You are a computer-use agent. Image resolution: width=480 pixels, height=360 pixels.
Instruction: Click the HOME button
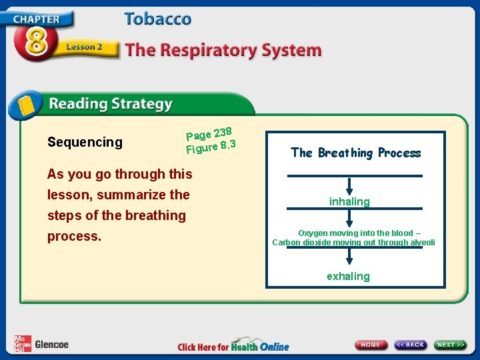(371, 345)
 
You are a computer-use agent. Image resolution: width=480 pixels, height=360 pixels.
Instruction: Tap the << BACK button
(410, 345)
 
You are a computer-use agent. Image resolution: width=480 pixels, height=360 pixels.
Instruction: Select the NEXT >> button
(451, 345)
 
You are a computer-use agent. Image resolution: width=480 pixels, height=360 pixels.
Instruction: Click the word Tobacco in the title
(157, 19)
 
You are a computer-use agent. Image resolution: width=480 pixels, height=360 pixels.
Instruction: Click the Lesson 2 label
(84, 47)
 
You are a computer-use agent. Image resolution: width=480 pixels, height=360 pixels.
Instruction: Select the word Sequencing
(85, 142)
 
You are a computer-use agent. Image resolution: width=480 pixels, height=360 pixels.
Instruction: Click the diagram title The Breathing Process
(355, 153)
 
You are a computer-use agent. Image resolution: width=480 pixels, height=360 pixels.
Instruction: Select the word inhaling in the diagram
(349, 201)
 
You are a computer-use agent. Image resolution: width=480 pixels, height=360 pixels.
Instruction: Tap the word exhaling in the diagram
(348, 276)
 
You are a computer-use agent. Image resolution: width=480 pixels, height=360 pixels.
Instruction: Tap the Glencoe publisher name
(51, 345)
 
